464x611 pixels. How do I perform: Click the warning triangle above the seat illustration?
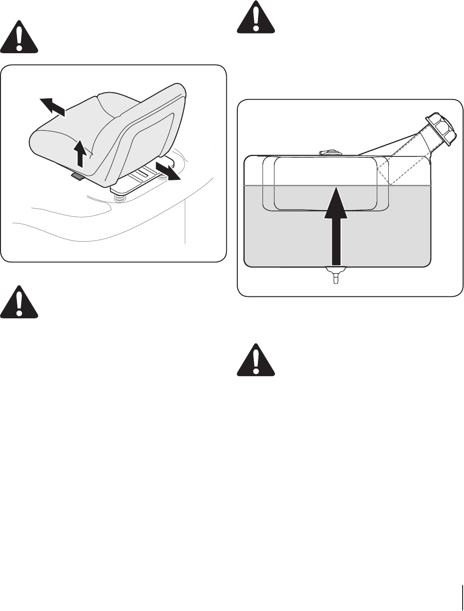click(x=19, y=37)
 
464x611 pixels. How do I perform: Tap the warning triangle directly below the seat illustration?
click(x=19, y=302)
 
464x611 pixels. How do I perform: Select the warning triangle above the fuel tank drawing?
click(x=255, y=18)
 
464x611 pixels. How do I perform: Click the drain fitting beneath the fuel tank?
click(x=334, y=275)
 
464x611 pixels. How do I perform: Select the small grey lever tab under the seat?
click(x=78, y=177)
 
